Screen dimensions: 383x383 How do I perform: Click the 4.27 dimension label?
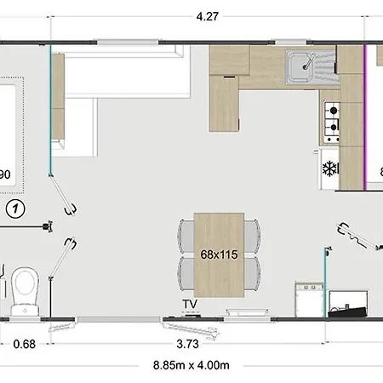(x=208, y=16)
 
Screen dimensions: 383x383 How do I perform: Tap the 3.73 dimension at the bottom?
(x=187, y=344)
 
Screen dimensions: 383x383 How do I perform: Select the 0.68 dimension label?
(x=25, y=344)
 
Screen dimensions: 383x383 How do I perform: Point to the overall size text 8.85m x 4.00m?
(x=191, y=365)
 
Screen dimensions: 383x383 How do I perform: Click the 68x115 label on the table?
(x=219, y=254)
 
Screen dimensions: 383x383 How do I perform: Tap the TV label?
(x=190, y=304)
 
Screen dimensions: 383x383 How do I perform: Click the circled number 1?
(x=15, y=209)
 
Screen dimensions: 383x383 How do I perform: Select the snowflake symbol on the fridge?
(x=329, y=169)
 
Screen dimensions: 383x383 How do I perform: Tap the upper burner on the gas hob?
(x=334, y=110)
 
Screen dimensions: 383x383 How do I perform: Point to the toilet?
(x=25, y=291)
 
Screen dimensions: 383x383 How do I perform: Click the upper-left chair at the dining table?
(x=186, y=237)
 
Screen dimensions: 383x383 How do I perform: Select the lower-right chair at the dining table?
(x=252, y=273)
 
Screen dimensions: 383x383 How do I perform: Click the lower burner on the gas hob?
(x=334, y=127)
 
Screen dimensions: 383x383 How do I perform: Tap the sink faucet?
(x=308, y=62)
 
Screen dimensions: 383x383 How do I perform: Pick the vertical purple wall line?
(x=365, y=117)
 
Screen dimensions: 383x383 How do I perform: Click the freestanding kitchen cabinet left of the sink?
(x=224, y=104)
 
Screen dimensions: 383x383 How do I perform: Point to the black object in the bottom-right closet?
(x=347, y=312)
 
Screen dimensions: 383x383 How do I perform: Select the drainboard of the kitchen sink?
(x=325, y=67)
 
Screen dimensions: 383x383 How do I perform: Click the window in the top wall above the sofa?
(x=128, y=43)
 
